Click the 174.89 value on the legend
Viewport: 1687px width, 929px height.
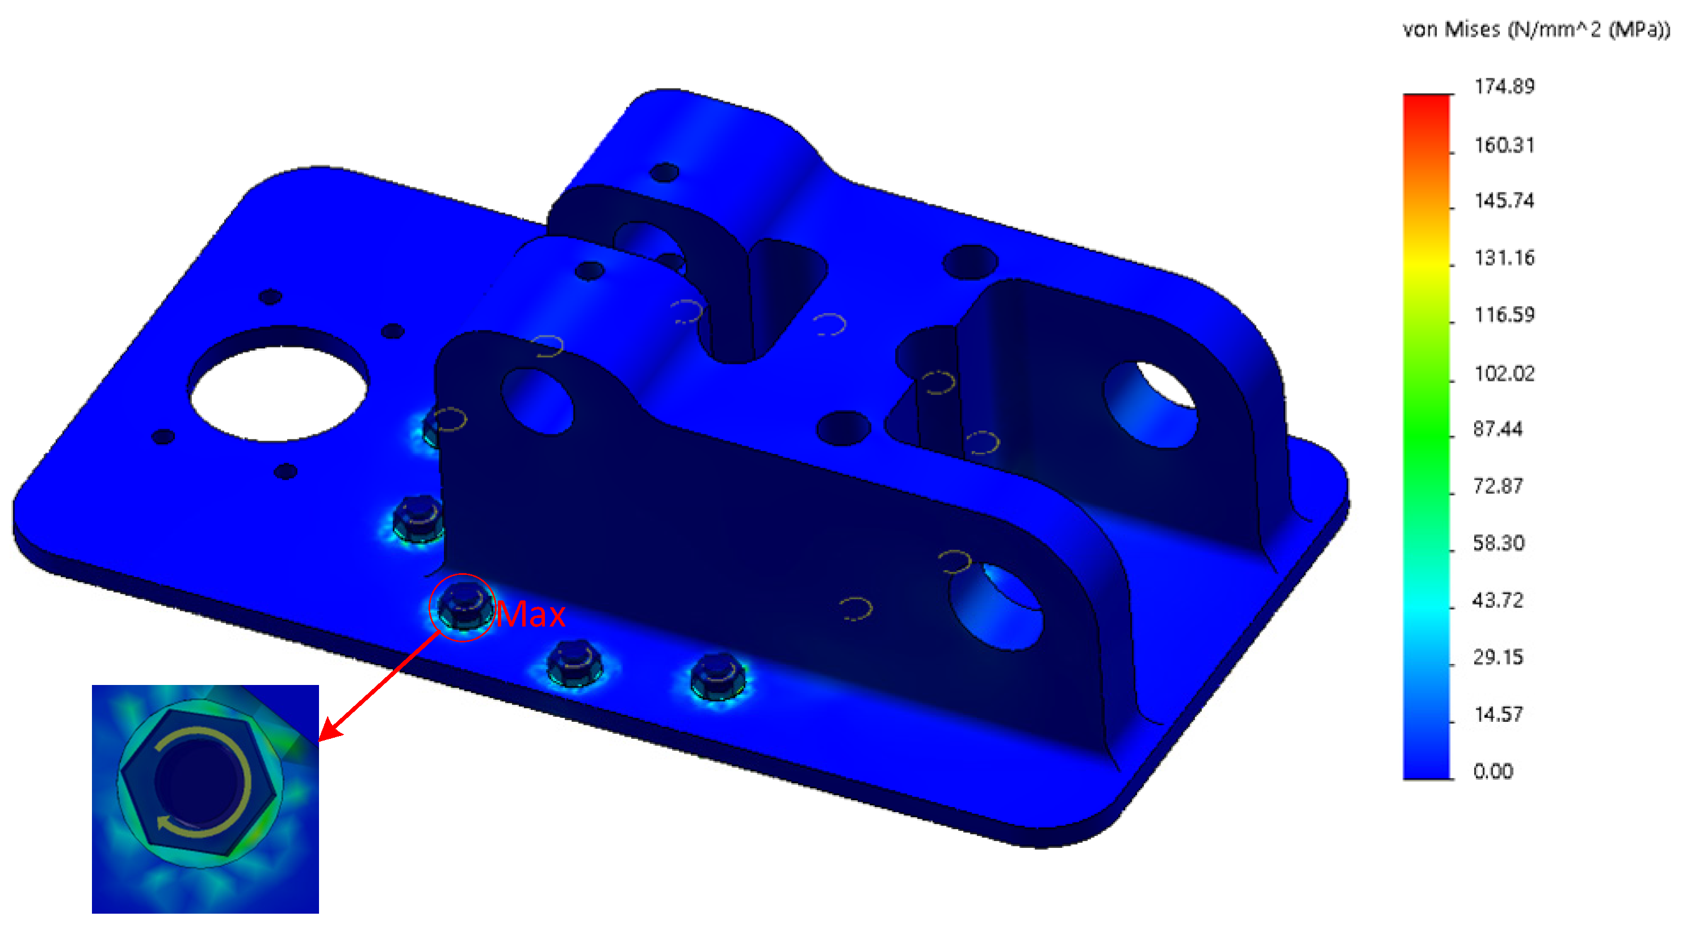click(x=1504, y=86)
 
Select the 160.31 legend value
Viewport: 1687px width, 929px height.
click(x=1504, y=145)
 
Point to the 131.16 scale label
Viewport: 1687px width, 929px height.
click(x=1504, y=258)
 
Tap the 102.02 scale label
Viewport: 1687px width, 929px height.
click(x=1504, y=374)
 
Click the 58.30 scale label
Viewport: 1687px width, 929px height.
click(x=1499, y=544)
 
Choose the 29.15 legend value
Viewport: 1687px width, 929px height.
click(x=1498, y=657)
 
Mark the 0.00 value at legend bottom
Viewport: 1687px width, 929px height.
click(x=1492, y=771)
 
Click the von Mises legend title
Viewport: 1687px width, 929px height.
click(x=1535, y=30)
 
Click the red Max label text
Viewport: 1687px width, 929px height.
click(x=531, y=615)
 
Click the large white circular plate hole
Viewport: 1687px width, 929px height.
click(x=278, y=393)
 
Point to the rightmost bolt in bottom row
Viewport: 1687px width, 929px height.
click(x=717, y=677)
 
